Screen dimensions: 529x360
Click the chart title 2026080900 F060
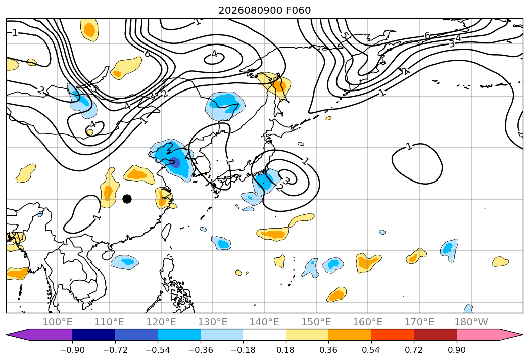(265, 10)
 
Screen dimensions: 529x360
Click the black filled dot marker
(127, 199)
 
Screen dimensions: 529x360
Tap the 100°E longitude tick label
(58, 322)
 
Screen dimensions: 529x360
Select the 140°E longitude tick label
(264, 322)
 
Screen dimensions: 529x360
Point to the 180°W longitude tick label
(471, 322)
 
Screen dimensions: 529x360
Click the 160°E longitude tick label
(368, 322)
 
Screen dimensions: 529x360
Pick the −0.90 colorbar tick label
(72, 350)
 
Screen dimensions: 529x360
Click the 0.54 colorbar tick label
(371, 350)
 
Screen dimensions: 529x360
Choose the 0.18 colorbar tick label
(286, 350)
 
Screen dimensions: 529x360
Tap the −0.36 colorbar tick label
(201, 350)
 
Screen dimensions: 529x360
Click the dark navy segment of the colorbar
(93, 335)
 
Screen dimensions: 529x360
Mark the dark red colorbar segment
(435, 335)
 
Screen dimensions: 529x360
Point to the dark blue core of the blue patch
(175, 162)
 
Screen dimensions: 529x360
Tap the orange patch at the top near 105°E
(90, 30)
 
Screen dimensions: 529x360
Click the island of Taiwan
(166, 232)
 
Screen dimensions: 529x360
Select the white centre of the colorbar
(265, 335)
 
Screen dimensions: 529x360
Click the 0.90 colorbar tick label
(457, 350)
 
